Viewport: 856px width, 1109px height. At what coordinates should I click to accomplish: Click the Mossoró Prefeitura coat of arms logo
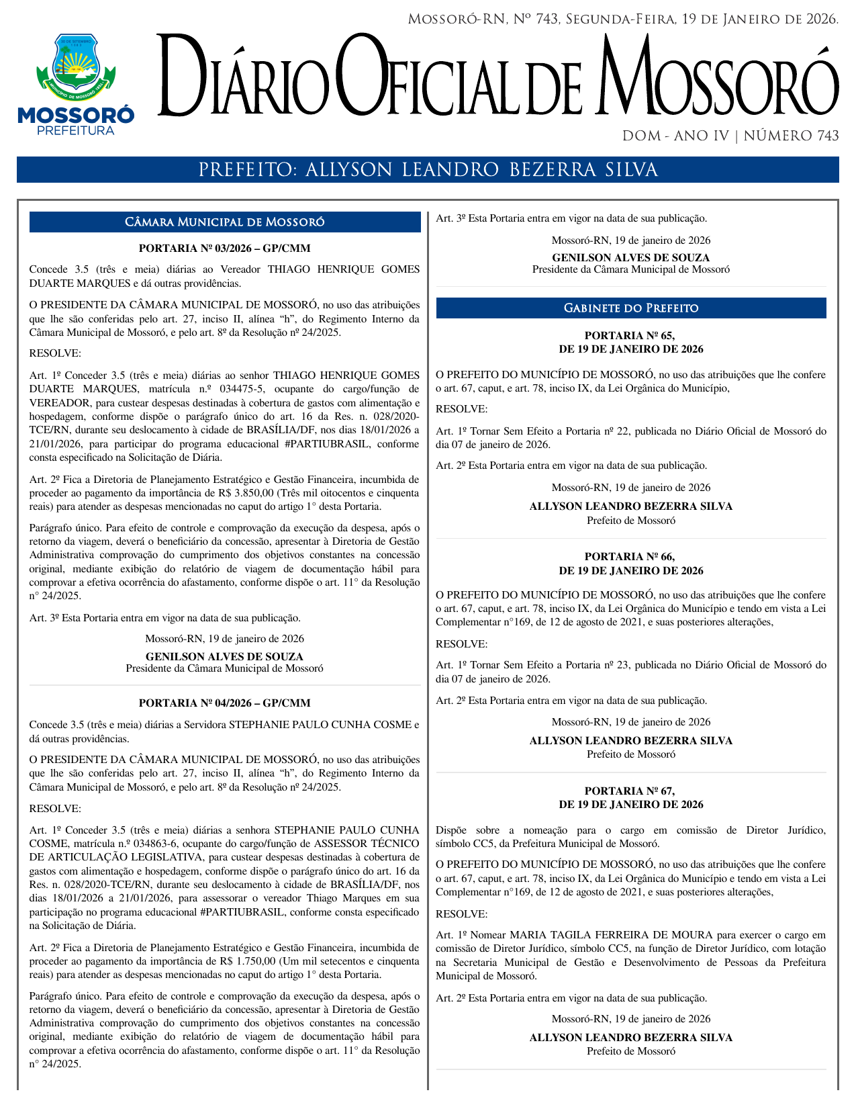tap(76, 68)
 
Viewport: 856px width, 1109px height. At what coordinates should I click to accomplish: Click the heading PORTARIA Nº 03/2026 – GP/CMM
tap(224, 249)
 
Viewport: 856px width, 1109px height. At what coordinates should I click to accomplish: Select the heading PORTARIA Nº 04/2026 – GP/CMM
tap(224, 703)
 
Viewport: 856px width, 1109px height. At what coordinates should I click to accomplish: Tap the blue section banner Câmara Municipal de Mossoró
tap(225, 222)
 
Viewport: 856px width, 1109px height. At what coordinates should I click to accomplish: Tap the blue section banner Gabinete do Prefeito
tap(631, 308)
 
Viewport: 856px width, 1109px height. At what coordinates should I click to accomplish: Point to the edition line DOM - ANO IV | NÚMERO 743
tap(730, 136)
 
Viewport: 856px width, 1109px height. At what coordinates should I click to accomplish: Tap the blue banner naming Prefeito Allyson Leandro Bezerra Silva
tap(428, 170)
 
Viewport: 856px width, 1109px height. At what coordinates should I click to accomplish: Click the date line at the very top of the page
tap(623, 19)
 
